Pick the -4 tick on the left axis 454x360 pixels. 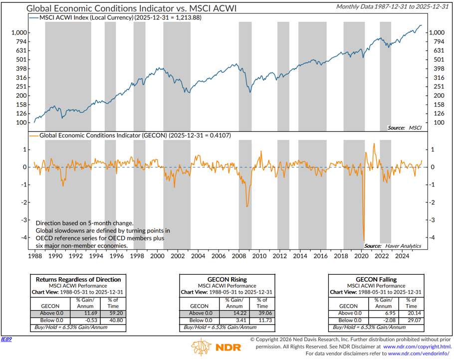(x=23, y=237)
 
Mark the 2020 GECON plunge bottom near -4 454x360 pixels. (x=364, y=240)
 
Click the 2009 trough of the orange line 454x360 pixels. (x=246, y=206)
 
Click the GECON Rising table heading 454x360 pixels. (x=227, y=280)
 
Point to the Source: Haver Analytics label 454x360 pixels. (x=392, y=246)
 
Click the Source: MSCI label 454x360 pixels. (x=404, y=128)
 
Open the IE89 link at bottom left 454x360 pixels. (x=6, y=339)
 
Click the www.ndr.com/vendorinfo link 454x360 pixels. (x=421, y=354)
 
